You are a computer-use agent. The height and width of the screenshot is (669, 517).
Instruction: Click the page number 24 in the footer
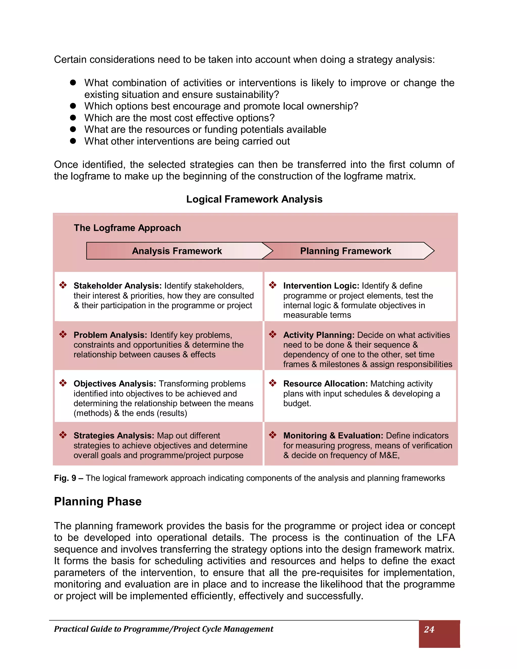pyautogui.click(x=429, y=629)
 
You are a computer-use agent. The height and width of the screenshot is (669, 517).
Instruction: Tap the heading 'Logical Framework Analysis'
pyautogui.click(x=254, y=199)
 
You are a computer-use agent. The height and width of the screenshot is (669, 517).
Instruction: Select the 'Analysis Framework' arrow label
pyautogui.click(x=177, y=251)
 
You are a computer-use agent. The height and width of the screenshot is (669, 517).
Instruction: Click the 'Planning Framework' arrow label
pyautogui.click(x=346, y=251)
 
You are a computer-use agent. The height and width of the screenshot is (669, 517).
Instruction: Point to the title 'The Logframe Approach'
pyautogui.click(x=127, y=228)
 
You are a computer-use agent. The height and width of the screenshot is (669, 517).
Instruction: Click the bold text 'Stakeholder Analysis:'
pyautogui.click(x=117, y=286)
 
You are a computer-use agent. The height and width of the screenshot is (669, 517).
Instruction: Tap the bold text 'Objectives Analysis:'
pyautogui.click(x=115, y=383)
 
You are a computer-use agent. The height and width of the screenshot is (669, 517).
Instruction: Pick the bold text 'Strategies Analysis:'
pyautogui.click(x=114, y=435)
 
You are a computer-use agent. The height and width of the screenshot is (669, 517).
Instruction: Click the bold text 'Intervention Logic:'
pyautogui.click(x=321, y=286)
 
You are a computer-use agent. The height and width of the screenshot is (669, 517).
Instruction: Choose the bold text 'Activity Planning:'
pyautogui.click(x=319, y=335)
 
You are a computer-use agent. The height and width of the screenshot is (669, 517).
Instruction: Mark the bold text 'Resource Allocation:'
pyautogui.click(x=325, y=383)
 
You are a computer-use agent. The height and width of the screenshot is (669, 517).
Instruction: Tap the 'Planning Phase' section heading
pyautogui.click(x=98, y=501)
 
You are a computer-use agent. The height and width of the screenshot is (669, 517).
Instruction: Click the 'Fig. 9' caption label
pyautogui.click(x=65, y=478)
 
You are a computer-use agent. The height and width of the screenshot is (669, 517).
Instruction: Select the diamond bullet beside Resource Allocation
pyautogui.click(x=273, y=383)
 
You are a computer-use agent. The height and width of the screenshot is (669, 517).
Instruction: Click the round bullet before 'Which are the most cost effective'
pyautogui.click(x=73, y=118)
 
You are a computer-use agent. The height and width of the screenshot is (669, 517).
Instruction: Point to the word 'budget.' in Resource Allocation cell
pyautogui.click(x=297, y=403)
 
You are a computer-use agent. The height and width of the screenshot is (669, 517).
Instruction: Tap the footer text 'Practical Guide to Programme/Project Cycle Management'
pyautogui.click(x=164, y=629)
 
